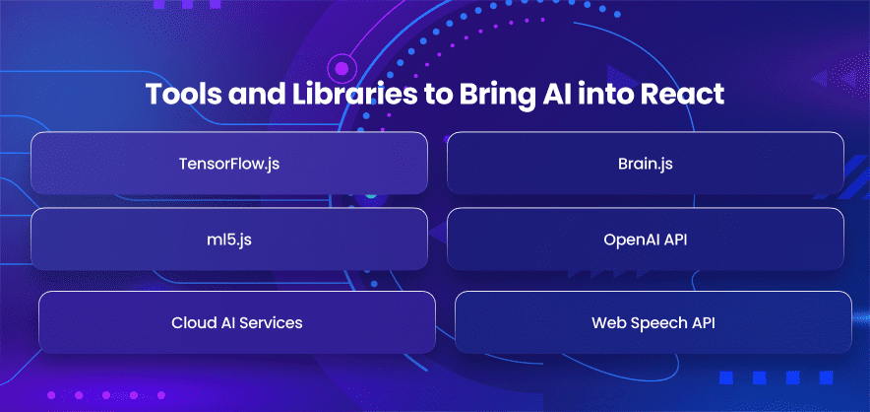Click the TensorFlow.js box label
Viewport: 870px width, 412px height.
pos(228,164)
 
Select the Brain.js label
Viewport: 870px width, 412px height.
pos(646,164)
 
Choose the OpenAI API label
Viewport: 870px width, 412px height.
pos(646,240)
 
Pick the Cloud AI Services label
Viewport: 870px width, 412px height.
pos(237,322)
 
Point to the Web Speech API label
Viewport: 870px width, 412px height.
pos(653,322)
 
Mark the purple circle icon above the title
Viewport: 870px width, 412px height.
pos(342,69)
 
